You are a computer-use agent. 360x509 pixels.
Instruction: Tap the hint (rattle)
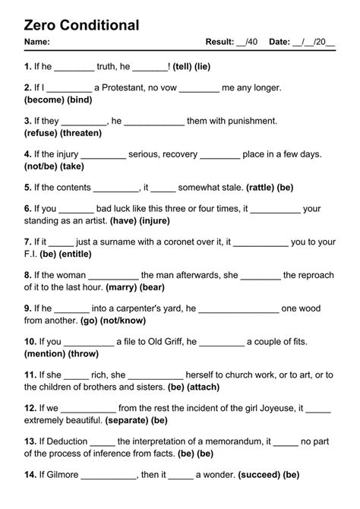(249, 187)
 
